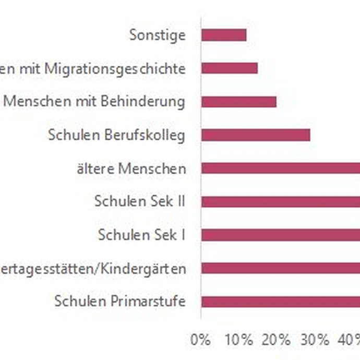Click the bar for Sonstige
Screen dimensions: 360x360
(x=224, y=35)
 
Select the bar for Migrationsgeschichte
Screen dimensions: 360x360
(x=230, y=68)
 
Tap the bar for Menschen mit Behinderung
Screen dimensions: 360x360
(x=239, y=102)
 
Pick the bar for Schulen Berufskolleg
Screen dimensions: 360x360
(x=256, y=135)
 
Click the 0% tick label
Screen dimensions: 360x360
(x=201, y=340)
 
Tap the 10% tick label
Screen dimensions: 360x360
(x=238, y=340)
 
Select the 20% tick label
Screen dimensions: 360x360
(x=276, y=340)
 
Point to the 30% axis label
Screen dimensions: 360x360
(x=315, y=340)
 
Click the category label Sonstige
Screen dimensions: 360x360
(x=157, y=35)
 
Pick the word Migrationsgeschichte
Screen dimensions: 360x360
(x=126, y=68)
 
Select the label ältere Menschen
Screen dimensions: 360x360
(x=130, y=169)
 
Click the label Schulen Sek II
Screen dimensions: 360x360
(x=140, y=201)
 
